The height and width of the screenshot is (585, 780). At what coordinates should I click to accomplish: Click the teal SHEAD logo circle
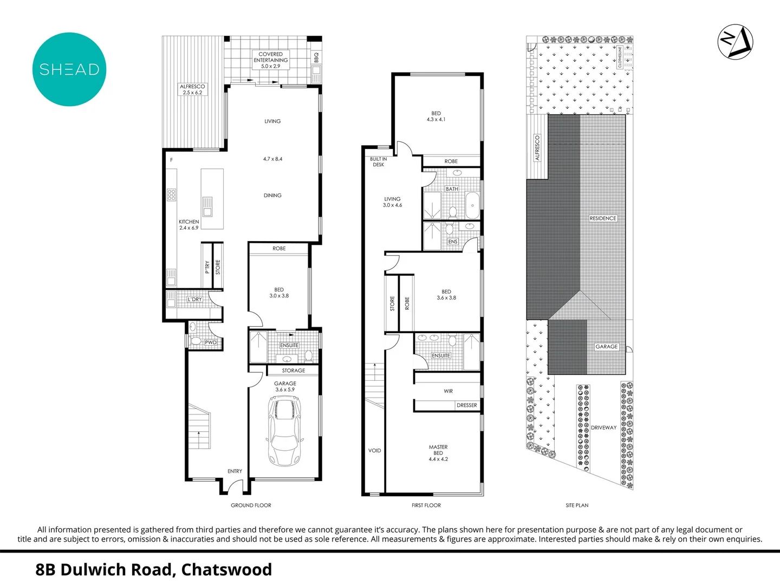click(69, 69)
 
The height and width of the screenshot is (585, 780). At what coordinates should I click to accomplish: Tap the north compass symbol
click(735, 42)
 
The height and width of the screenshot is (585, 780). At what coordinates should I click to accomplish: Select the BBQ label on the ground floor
click(316, 57)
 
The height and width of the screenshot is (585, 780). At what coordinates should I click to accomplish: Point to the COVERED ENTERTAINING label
click(271, 60)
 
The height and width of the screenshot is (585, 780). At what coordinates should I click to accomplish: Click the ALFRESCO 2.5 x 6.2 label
click(192, 89)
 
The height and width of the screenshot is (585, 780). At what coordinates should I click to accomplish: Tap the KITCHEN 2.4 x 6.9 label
click(188, 225)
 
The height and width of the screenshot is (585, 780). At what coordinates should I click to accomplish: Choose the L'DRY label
click(194, 300)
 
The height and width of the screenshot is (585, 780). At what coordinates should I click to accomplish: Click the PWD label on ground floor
click(211, 342)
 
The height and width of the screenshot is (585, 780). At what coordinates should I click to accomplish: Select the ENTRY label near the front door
click(235, 471)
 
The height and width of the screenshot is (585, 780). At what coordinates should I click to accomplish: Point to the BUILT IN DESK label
click(378, 162)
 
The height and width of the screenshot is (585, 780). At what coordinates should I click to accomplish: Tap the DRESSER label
click(466, 405)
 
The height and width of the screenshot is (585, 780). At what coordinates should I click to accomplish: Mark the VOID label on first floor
click(374, 451)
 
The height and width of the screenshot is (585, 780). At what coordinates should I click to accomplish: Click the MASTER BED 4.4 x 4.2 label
click(438, 453)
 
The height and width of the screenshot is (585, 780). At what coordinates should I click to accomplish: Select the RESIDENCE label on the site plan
click(603, 218)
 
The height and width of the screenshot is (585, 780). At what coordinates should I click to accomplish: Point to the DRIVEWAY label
click(603, 428)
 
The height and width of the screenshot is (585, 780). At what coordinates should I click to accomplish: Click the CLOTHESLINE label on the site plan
click(620, 57)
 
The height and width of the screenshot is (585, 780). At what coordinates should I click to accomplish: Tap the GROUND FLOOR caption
click(251, 505)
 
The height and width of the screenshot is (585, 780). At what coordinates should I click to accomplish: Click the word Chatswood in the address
click(226, 570)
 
